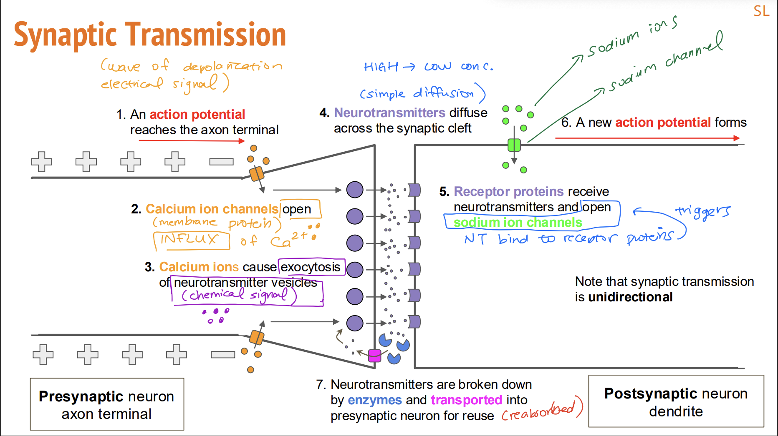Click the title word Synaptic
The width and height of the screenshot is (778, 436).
(x=65, y=35)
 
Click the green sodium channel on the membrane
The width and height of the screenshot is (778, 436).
(x=514, y=145)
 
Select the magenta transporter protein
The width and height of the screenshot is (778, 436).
(x=374, y=356)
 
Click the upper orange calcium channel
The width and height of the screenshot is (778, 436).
(x=256, y=174)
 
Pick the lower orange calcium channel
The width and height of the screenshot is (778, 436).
(x=256, y=337)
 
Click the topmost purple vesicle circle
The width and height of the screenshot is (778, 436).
(x=355, y=190)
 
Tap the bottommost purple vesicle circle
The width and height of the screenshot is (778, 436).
(x=355, y=323)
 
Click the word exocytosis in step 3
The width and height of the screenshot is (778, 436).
(x=311, y=267)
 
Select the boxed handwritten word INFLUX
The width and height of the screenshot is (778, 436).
(x=190, y=239)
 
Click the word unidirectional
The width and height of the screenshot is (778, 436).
(x=630, y=297)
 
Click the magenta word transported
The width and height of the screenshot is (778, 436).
(x=466, y=400)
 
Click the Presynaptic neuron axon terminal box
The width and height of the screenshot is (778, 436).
(x=107, y=404)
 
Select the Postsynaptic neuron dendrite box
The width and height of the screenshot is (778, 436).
(x=676, y=401)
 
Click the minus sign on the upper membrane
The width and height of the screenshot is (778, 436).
(x=221, y=162)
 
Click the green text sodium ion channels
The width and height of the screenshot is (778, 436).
(x=518, y=223)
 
